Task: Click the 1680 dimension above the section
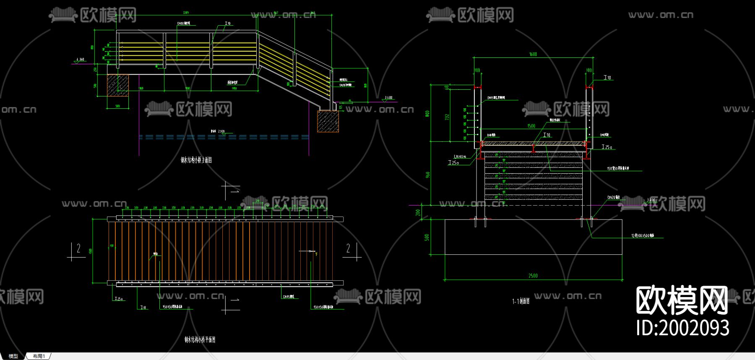pos(533,54)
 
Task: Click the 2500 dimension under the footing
pos(533,276)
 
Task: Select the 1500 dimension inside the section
pos(531,126)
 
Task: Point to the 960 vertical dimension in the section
pos(427,174)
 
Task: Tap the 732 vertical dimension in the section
pos(447,116)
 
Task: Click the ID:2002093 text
pos(682,328)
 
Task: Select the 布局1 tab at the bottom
pos(39,356)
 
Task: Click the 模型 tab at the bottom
pos(13,356)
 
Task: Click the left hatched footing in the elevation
pos(117,86)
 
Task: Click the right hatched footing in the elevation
pos(328,121)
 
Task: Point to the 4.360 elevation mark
pos(80,60)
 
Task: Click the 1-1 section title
pos(521,301)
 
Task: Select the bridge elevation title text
pos(196,160)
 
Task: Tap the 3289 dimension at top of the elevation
pos(186,13)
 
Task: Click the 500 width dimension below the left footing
pos(117,106)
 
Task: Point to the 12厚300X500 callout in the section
pos(643,236)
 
